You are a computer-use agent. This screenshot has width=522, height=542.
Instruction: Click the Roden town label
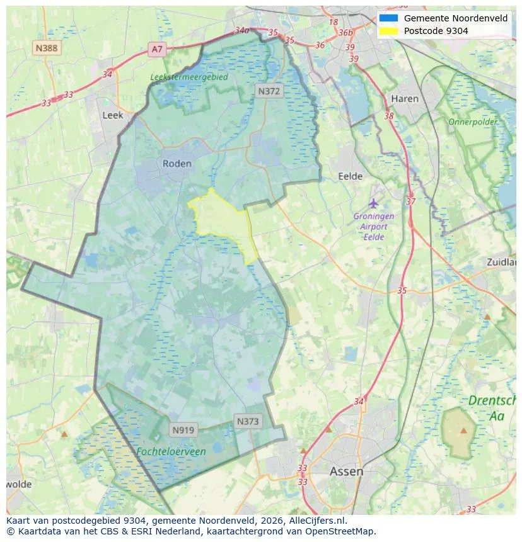[x=177, y=164]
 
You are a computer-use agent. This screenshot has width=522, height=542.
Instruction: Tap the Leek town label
[x=113, y=115]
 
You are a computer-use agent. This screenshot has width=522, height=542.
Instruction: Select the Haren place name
[x=404, y=99]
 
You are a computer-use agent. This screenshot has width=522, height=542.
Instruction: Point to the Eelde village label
[x=351, y=176]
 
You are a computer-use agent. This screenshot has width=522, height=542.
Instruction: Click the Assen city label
[x=346, y=471]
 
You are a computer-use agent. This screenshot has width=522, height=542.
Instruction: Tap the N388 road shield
[x=47, y=47]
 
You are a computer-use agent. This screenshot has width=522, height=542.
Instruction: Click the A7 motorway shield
[x=157, y=48]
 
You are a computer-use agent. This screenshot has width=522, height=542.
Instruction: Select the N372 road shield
[x=269, y=91]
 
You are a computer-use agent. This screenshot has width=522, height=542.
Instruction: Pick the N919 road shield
[x=183, y=431]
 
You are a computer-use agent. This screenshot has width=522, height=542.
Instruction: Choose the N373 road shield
[x=248, y=421]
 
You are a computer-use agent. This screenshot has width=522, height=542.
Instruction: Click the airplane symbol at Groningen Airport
[x=374, y=203]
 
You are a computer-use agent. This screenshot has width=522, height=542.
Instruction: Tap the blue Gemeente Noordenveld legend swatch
[x=388, y=18]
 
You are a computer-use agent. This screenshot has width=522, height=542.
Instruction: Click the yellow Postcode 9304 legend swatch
[x=388, y=31]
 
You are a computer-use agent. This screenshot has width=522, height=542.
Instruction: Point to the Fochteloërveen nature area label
[x=171, y=451]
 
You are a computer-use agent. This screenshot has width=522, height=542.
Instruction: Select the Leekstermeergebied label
[x=189, y=77]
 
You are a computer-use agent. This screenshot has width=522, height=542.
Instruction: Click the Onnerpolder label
[x=473, y=121]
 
